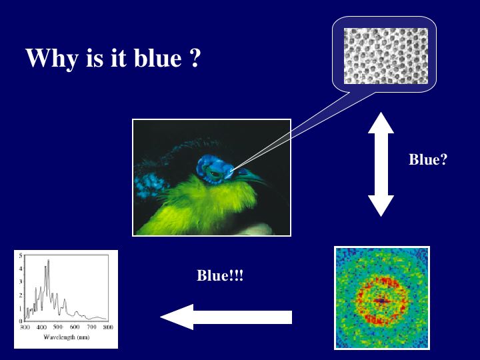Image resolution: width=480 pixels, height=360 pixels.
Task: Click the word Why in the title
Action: (52, 58)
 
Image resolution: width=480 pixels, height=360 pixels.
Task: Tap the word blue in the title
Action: (158, 57)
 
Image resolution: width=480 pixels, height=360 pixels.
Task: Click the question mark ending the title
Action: (195, 57)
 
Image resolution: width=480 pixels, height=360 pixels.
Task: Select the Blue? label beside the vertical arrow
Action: (428, 159)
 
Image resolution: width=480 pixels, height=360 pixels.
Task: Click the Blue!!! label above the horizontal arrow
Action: (220, 275)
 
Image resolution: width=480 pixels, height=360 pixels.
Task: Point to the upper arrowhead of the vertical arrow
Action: (381, 123)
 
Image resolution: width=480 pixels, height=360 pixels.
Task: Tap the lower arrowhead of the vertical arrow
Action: (381, 206)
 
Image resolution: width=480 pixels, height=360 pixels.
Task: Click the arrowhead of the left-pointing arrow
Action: (177, 317)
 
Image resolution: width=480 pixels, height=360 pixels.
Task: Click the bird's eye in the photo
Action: (215, 174)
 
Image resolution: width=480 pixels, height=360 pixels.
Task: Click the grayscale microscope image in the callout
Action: (386, 56)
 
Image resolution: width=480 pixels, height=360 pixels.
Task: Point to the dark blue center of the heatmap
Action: (381, 301)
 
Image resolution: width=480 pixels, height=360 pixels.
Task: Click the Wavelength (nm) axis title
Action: (67, 337)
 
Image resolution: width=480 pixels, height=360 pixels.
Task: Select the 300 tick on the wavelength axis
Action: (25, 327)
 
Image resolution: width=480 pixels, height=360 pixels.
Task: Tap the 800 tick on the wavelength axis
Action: (108, 327)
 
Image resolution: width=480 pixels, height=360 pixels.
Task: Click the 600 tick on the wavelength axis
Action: (75, 327)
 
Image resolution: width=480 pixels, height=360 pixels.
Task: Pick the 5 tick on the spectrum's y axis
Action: (21, 255)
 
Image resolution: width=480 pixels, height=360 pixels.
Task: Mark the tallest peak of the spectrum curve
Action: (49, 260)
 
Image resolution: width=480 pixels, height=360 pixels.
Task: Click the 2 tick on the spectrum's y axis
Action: (21, 295)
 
